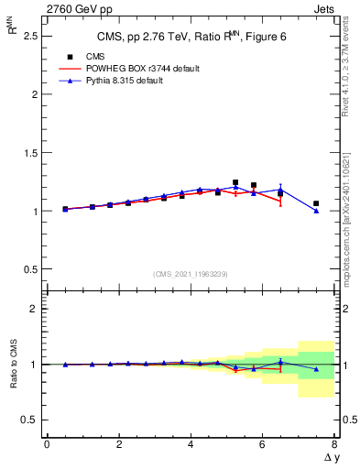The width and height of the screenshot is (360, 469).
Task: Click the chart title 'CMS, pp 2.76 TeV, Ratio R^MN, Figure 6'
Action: pos(191,37)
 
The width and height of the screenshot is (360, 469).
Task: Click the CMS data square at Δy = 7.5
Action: pos(316,203)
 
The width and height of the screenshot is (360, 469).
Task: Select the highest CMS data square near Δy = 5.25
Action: pos(235,182)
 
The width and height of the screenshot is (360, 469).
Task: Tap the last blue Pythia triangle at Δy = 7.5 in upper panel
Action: pos(316,211)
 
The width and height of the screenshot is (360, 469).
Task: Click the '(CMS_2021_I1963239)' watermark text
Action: pos(191,274)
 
